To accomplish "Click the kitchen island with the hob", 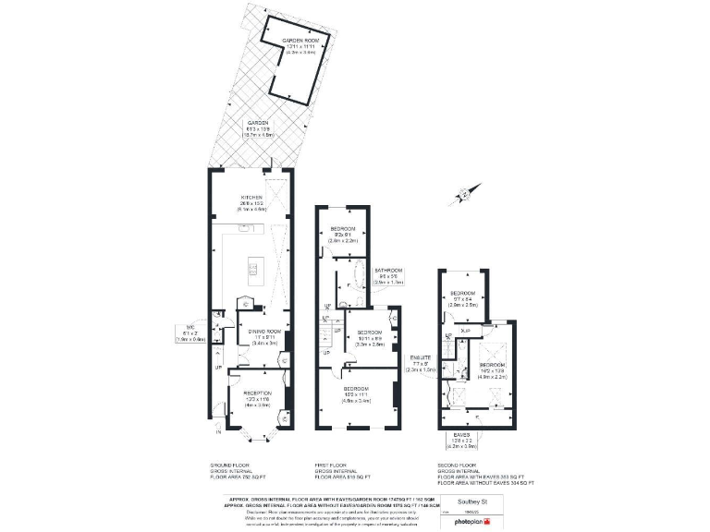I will [x=251, y=271].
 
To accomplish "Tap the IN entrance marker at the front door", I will [x=219, y=431].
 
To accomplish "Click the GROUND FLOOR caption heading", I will [x=230, y=465].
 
